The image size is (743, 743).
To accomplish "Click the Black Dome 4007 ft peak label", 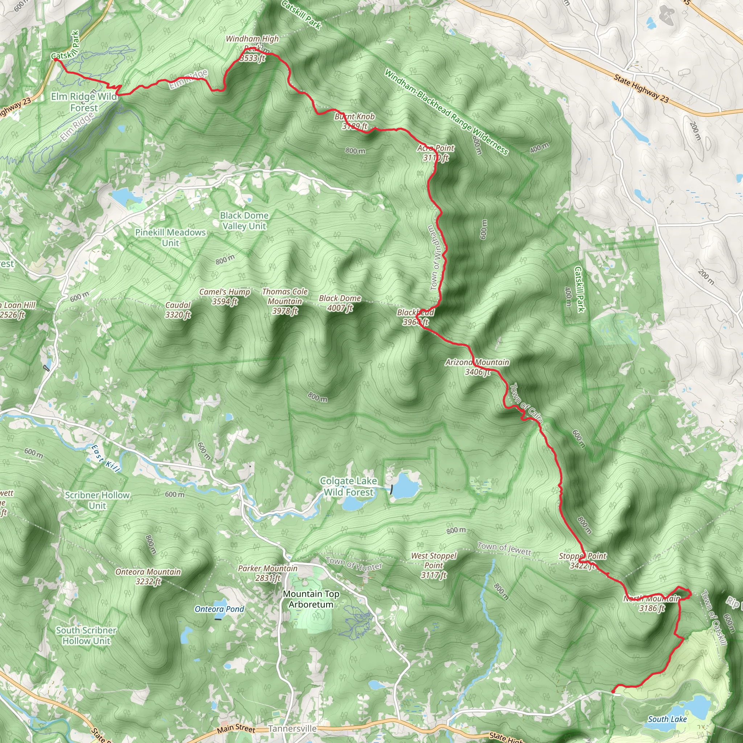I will pos(340,303).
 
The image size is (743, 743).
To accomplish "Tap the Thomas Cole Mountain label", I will pos(284,301).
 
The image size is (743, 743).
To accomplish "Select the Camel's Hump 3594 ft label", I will pos(225,296).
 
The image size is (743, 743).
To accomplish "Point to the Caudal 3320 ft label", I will pos(178,309).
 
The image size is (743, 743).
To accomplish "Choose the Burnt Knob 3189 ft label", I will pos(354,121).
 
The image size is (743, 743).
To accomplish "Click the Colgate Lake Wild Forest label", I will pos(348,487).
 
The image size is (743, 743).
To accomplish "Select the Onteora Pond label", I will pos(219,609).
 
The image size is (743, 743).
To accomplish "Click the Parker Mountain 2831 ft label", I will pos(268,573).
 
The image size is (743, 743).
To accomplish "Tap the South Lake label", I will pos(667,719).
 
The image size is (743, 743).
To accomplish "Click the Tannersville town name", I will pos(292,729).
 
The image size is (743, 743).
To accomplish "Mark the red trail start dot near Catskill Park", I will pos(56,59).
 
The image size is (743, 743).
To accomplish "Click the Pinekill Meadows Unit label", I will pos(171,237).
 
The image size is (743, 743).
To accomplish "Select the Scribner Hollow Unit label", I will pos(97,500).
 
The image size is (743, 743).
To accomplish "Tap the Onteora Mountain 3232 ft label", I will pos(148,576).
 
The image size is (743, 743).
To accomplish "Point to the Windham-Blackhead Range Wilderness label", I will pos(446,111).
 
